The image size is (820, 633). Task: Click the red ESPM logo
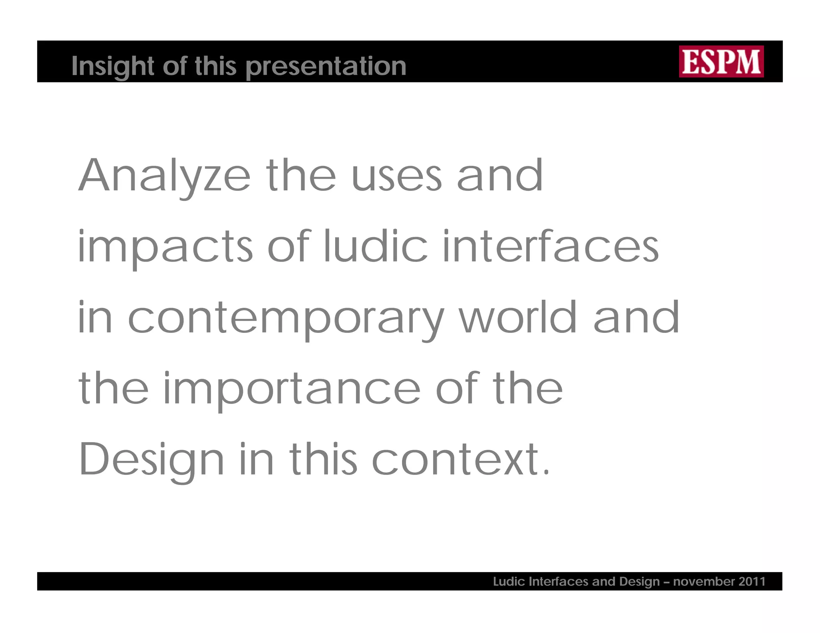[721, 61]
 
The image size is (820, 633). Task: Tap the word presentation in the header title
[326, 66]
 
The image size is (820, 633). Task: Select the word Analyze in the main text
[165, 176]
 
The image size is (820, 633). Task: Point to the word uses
[396, 176]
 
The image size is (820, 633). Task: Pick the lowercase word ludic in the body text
[376, 246]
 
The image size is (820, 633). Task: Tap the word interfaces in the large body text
[551, 246]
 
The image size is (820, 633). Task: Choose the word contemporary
[286, 318]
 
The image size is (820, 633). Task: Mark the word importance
[291, 389]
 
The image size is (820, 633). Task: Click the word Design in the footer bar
[639, 581]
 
